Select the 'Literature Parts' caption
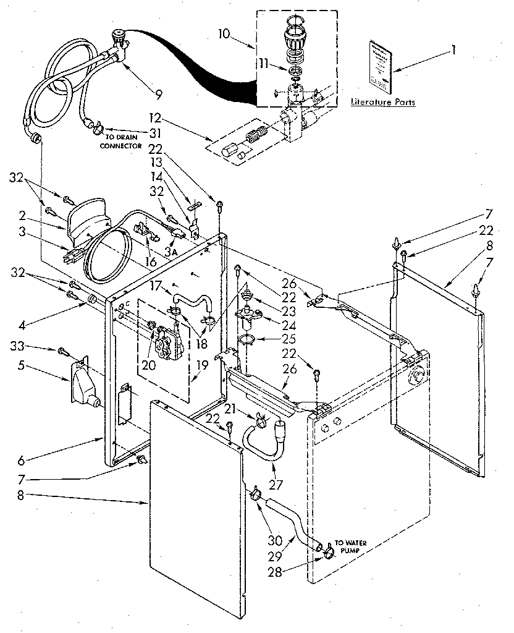pos(382,102)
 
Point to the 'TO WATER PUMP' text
pos(353,546)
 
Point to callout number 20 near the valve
pos(148,364)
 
